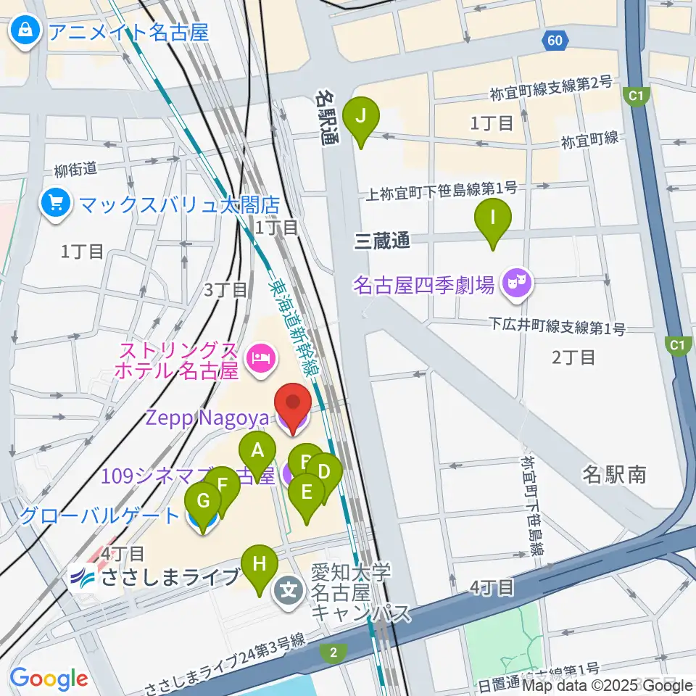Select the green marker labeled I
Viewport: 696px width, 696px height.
493,220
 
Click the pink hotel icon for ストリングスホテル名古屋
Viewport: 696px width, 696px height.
258,357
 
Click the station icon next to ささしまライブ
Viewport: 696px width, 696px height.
83,579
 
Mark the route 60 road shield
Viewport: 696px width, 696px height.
555,41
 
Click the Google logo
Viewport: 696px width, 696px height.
49,679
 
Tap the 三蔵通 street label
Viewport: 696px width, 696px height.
381,242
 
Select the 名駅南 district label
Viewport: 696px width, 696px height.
615,475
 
